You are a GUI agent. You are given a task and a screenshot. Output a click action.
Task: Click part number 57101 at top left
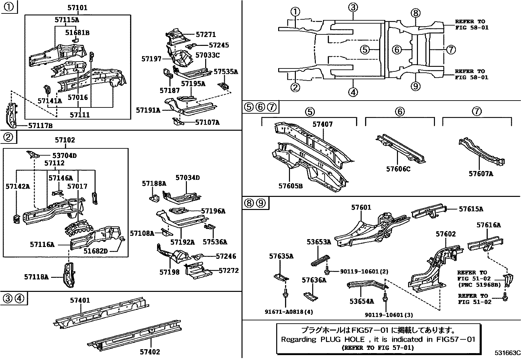(78, 8)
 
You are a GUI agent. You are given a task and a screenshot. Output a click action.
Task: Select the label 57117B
(41, 126)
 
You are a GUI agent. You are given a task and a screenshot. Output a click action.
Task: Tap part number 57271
(206, 34)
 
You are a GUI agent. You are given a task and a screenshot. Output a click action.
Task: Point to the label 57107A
(207, 122)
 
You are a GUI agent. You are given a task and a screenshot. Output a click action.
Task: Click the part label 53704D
(64, 155)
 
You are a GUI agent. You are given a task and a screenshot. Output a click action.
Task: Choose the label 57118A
(36, 277)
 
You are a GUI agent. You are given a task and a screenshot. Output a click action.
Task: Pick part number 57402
(150, 351)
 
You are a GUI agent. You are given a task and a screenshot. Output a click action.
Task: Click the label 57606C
(398, 169)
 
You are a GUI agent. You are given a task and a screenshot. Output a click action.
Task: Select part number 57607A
(481, 174)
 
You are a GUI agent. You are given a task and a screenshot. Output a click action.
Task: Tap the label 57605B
(291, 186)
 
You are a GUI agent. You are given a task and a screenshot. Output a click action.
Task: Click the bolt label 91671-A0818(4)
(289, 312)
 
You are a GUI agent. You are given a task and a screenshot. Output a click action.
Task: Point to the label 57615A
(471, 209)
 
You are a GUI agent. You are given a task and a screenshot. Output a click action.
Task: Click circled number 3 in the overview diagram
(353, 8)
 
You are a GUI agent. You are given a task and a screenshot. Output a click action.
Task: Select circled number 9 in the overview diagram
(415, 86)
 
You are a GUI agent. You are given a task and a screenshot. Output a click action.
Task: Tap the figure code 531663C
(508, 353)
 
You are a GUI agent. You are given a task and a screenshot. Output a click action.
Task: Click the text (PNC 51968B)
(479, 285)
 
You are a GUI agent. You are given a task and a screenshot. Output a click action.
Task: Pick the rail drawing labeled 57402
(135, 335)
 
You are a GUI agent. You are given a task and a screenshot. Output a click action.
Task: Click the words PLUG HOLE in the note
(343, 339)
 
